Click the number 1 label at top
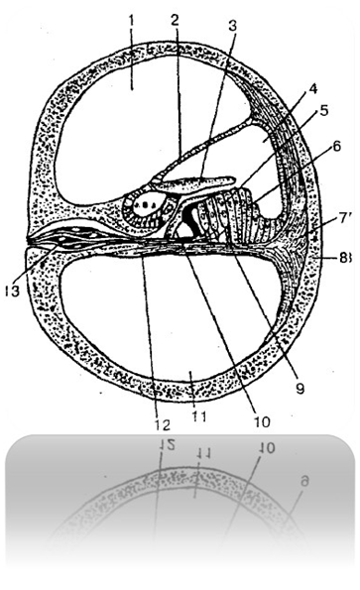pos(131,20)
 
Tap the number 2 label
pos(174,20)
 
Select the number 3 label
pos(233,26)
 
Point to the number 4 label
pos(312,89)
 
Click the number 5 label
pos(323,110)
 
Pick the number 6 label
pos(336,146)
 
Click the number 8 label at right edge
pos(346,258)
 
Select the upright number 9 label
pos(300,389)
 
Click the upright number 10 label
pos(262,421)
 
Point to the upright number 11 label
pos(198,416)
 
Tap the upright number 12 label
pos(162,424)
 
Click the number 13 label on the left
pos(13,291)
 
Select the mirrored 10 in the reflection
pos(267,447)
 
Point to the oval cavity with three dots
pos(147,205)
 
